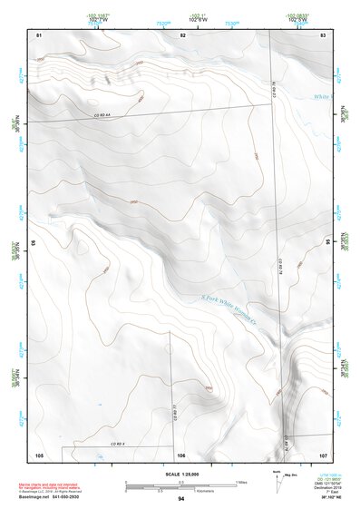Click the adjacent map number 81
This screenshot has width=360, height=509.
click(x=39, y=34)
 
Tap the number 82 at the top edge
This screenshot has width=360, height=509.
click(x=182, y=34)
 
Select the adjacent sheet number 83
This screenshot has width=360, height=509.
click(x=323, y=34)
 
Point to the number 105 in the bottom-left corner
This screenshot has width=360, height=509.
click(x=39, y=454)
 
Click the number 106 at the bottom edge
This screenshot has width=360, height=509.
click(x=181, y=454)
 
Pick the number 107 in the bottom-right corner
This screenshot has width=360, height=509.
click(x=322, y=454)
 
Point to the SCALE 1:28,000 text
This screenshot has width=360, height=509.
click(x=180, y=475)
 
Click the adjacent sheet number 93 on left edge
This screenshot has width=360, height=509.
click(x=34, y=244)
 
